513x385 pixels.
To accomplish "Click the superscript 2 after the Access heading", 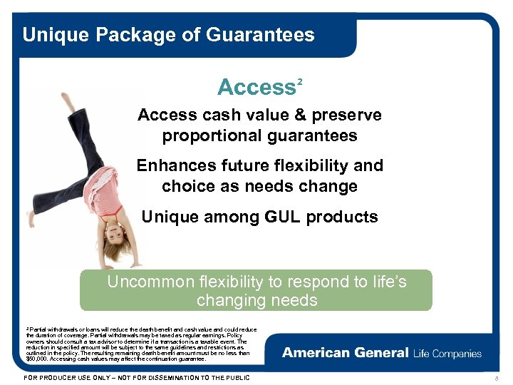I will click(x=300, y=81).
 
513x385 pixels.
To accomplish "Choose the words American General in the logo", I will click(x=345, y=353).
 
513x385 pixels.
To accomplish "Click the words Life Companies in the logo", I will click(x=447, y=353).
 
